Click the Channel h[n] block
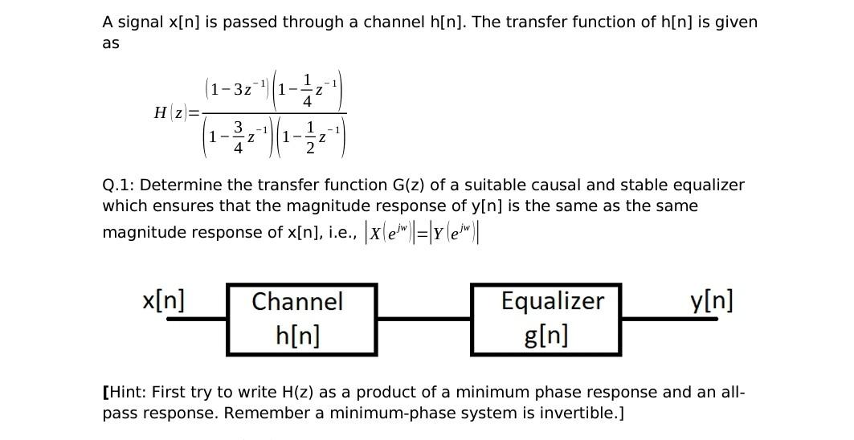click(301, 319)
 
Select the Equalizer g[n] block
click(545, 319)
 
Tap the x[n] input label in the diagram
click(163, 301)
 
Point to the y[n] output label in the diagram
click(711, 301)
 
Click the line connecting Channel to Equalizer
click(423, 319)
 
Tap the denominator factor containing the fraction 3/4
click(239, 137)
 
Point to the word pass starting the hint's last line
click(120, 414)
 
